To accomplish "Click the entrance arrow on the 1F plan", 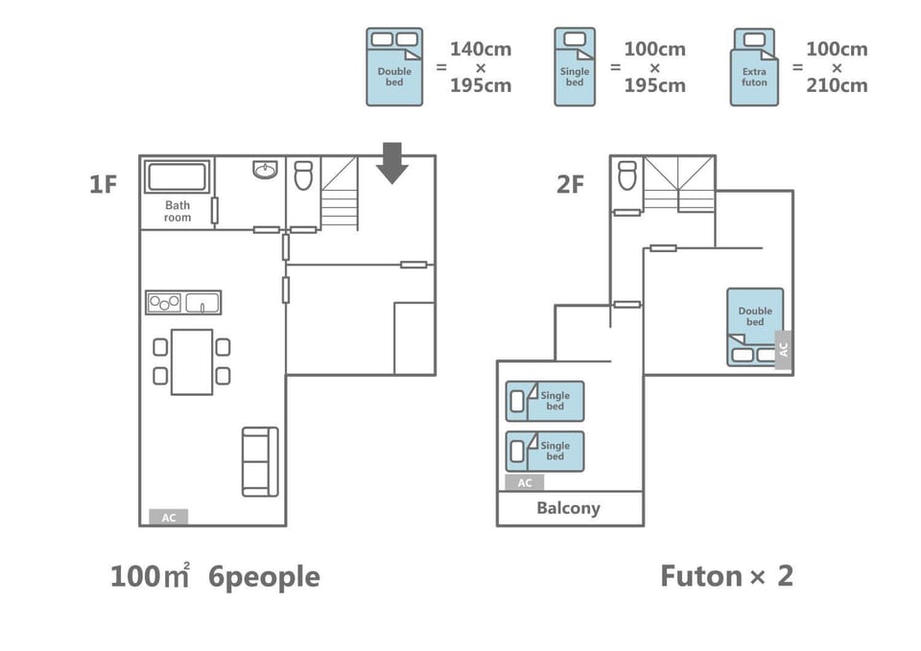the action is (x=391, y=163).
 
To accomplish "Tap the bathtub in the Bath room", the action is (x=177, y=176).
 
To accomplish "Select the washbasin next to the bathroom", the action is (x=266, y=170).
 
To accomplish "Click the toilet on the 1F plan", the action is (x=303, y=174).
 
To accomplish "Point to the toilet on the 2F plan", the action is (x=627, y=174).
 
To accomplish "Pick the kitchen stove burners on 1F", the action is (x=164, y=303).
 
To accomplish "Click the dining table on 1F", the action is (x=192, y=361).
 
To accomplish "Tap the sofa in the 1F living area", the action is (x=260, y=461).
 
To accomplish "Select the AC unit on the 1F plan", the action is (x=169, y=517).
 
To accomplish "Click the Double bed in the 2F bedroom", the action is (x=755, y=327).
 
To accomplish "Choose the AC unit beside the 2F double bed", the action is (x=783, y=350).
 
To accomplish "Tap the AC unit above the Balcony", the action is (x=525, y=482).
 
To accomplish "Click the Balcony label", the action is (x=569, y=508).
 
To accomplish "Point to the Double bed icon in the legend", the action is (x=394, y=66).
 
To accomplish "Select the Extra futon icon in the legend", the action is (x=754, y=66).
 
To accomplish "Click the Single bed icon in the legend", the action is (x=575, y=66).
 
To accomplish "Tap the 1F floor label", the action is (x=104, y=184).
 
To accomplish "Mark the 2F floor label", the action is (x=570, y=184).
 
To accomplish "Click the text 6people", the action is (x=265, y=576).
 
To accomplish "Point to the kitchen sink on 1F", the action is (x=202, y=303).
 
